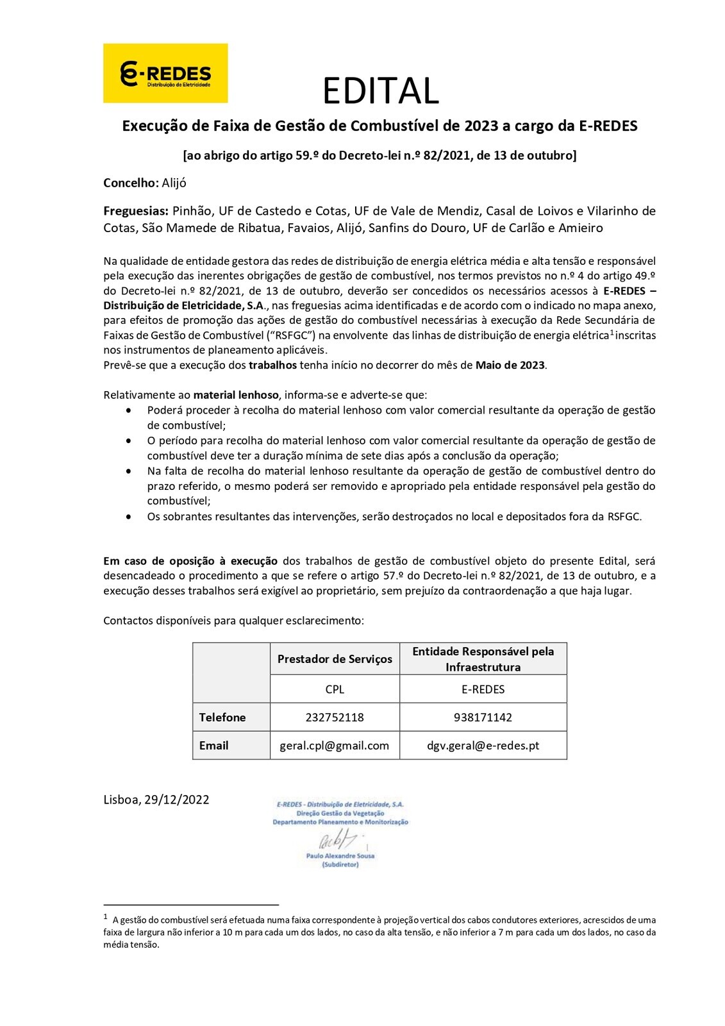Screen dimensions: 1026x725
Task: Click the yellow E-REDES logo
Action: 165,73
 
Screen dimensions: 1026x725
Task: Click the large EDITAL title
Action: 380,90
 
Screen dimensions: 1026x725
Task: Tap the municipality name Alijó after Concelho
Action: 174,183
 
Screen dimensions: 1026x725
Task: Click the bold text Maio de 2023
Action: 510,366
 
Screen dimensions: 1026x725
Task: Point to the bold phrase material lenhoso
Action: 236,395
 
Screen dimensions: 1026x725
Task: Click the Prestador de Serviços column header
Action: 335,659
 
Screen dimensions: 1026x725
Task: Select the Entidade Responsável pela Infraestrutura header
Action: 483,659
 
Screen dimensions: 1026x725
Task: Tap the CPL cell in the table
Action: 335,689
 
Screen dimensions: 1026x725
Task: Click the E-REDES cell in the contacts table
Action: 483,689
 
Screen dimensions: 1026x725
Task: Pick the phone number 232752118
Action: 335,718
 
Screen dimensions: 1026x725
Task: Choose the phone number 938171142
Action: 483,718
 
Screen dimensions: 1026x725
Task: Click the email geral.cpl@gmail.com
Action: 335,746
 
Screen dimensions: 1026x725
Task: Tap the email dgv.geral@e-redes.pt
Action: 483,746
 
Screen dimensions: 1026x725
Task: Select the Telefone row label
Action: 222,718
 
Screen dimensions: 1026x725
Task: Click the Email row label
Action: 213,746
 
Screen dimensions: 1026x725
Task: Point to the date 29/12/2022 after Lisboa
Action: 177,800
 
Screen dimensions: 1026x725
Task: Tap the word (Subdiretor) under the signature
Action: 340,864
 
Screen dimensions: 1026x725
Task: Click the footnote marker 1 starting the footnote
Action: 106,918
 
